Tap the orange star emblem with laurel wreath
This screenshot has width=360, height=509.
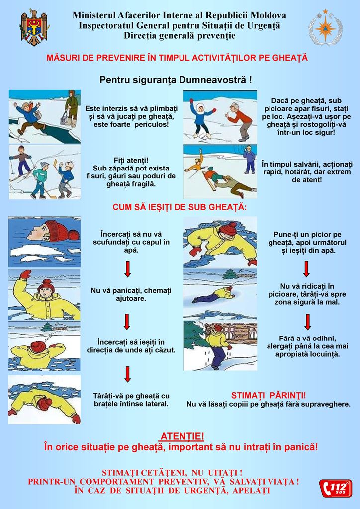[325, 28]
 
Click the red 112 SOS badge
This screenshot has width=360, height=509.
[335, 488]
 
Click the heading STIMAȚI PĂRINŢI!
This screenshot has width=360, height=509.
[269, 395]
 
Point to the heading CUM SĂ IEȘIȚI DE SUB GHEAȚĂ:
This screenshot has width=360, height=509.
[180, 207]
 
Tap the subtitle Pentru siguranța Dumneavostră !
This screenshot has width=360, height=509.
[176, 80]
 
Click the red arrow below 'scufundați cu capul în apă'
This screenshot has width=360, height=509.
[128, 269]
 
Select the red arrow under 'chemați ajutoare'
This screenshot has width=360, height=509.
[127, 322]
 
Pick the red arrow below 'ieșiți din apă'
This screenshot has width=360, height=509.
[306, 269]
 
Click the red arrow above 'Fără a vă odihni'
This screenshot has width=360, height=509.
[307, 322]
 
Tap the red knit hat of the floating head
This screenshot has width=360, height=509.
[61, 230]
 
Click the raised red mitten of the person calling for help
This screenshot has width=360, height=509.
[25, 274]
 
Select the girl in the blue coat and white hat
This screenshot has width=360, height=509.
[201, 117]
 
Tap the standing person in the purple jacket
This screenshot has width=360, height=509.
[249, 159]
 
